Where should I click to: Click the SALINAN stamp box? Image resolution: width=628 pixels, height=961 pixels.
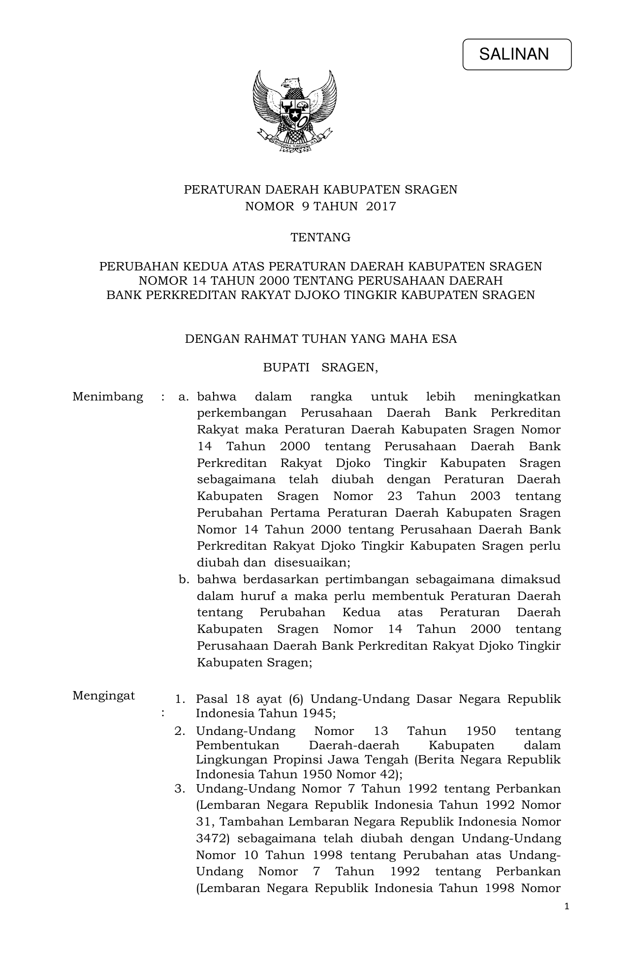[516, 54]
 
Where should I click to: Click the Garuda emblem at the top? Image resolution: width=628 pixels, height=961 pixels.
[295, 112]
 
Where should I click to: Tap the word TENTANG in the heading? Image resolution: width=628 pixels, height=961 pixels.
[320, 237]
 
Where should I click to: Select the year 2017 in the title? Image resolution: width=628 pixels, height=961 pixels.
[381, 206]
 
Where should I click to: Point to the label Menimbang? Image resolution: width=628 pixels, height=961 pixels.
[108, 397]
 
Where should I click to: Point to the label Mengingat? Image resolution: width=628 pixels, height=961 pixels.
[103, 696]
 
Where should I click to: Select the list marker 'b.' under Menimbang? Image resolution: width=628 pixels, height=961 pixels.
[184, 579]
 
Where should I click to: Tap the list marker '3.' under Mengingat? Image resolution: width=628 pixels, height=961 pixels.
[180, 789]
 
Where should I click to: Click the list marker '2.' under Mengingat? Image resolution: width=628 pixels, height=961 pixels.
[180, 731]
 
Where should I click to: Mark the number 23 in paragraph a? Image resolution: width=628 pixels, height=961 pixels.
[394, 496]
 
